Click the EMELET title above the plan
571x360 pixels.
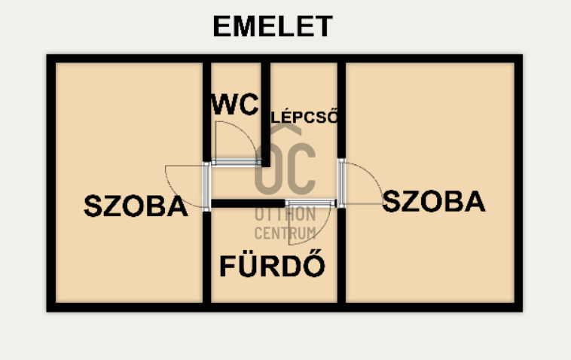click(273, 26)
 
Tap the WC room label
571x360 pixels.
click(235, 105)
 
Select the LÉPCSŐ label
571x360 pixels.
click(305, 116)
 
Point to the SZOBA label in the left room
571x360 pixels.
click(136, 206)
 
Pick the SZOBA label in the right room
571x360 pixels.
click(434, 201)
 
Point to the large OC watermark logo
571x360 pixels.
click(285, 168)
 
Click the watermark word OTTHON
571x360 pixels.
click(285, 214)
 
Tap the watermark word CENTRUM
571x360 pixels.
click(285, 233)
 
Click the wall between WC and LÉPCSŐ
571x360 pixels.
click(266, 114)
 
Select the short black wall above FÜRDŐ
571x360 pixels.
click(248, 203)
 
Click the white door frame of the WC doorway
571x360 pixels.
click(236, 163)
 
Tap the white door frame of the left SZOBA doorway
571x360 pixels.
click(206, 187)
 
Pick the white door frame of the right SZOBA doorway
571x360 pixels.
click(341, 183)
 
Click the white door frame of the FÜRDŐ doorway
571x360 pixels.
click(310, 203)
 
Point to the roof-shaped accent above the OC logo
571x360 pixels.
click(285, 129)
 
